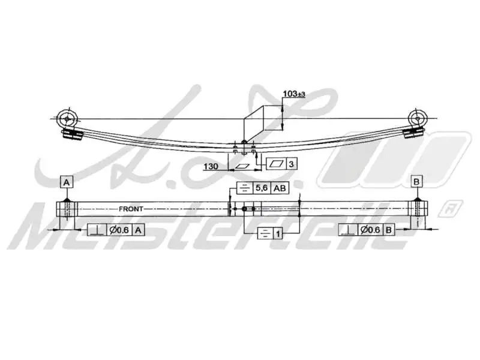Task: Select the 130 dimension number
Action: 211,166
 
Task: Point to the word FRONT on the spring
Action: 131,209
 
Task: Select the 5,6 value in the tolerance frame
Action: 262,188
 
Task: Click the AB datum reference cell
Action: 280,188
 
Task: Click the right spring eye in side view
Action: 416,118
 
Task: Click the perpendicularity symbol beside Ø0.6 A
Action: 96,230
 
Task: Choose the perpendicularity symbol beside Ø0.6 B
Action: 347,230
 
